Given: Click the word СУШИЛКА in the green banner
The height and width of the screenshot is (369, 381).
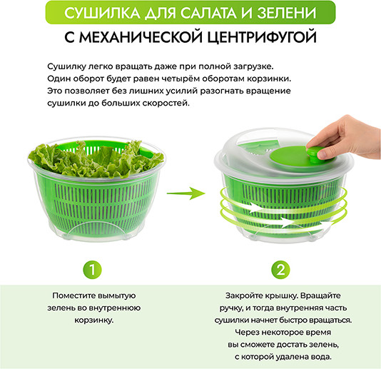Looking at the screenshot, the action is tap(102, 13).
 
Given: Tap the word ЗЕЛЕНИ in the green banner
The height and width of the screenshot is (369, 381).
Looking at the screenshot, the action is tap(287, 13).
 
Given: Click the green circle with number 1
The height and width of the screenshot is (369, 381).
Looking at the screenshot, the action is tap(92, 270).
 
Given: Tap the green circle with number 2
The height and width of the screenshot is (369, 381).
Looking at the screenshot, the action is tap(280, 270).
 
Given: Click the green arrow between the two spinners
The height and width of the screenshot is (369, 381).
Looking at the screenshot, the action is tap(186, 193).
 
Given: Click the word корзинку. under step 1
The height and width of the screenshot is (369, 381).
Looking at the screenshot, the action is tap(94, 320).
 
